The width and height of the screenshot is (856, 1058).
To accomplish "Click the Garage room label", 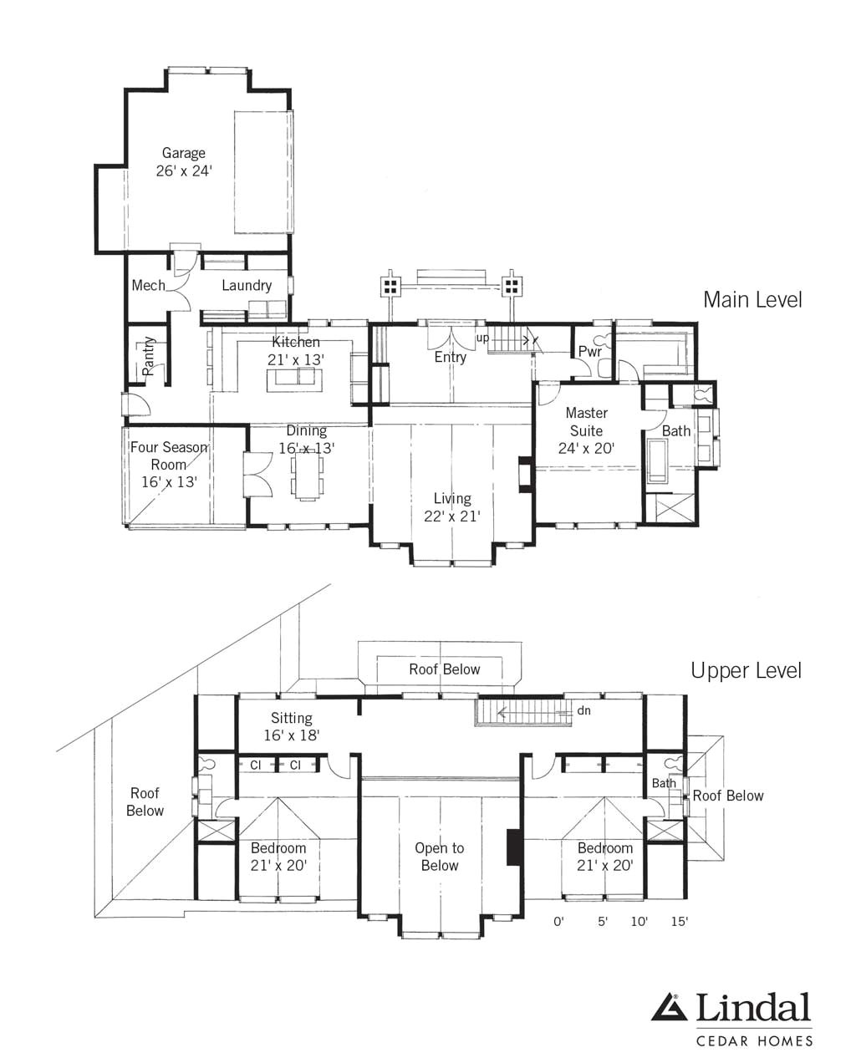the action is click(x=183, y=153).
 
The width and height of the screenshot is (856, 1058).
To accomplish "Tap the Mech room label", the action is click(x=148, y=285).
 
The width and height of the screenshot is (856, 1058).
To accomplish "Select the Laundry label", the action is click(x=247, y=286).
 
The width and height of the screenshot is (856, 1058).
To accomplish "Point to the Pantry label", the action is click(x=149, y=356).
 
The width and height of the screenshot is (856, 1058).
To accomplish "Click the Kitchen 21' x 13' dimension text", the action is click(x=296, y=359).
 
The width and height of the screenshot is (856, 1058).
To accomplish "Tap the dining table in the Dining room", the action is click(x=307, y=476).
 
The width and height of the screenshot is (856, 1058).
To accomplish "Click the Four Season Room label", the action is click(x=168, y=456).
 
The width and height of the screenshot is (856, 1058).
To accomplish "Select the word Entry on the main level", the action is click(x=450, y=357).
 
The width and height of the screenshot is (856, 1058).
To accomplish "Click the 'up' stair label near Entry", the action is click(x=482, y=338).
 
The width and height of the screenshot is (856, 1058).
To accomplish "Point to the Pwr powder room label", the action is click(x=589, y=352).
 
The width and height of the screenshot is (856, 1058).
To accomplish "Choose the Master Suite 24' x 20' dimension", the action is click(x=586, y=449).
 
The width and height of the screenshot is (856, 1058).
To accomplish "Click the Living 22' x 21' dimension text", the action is click(x=451, y=516).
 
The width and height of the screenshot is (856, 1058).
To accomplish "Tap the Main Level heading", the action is click(x=752, y=299).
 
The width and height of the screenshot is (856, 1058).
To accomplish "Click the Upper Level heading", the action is click(x=746, y=670).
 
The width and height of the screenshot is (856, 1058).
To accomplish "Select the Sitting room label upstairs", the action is click(x=291, y=718).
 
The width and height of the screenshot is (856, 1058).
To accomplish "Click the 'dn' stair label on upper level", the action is click(x=583, y=711).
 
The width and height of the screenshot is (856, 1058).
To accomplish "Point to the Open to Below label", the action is click(x=440, y=857).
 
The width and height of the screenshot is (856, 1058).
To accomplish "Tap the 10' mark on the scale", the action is click(x=639, y=922).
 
